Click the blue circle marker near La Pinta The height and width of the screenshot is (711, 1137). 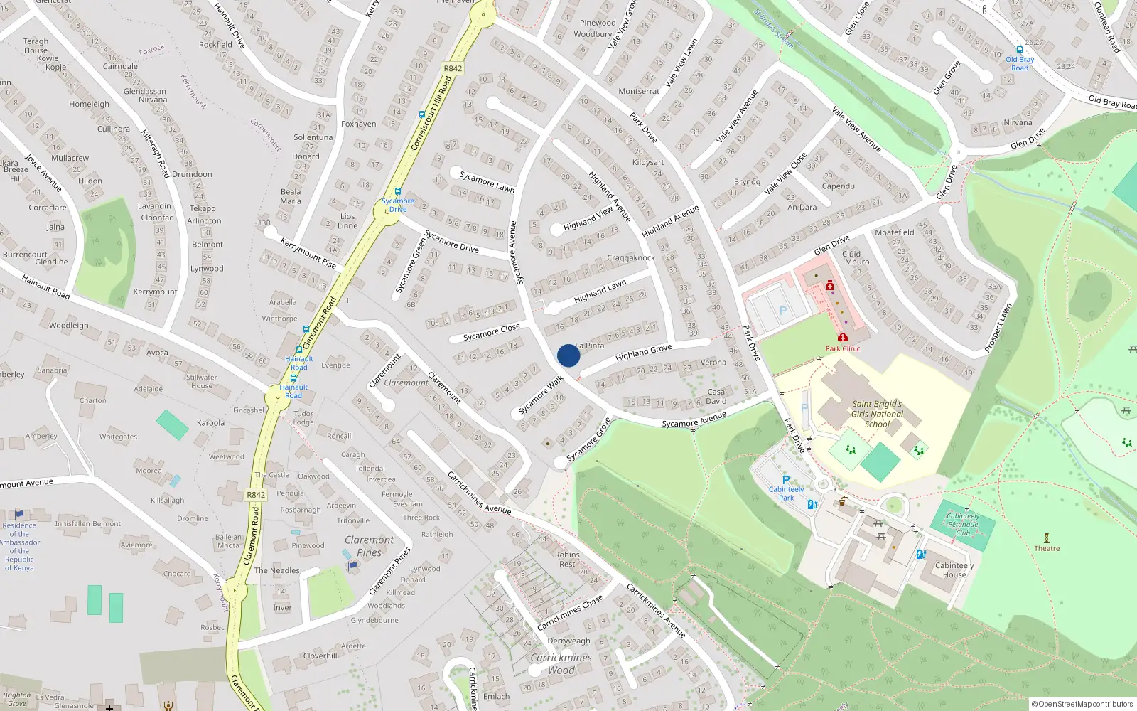pos(568,355)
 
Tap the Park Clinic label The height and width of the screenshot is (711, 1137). pos(843,348)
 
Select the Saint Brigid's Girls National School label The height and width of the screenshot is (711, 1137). pos(877,414)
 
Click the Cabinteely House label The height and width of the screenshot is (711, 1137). pos(954,570)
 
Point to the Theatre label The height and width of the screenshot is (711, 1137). pos(1047,548)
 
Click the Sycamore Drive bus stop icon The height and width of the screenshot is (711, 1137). pos(397,191)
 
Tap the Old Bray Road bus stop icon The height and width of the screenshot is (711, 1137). pos(1020,50)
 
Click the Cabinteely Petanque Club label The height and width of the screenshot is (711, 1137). pos(963,525)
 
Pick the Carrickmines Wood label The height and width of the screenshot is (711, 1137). pos(561,664)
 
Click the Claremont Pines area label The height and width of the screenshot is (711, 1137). pos(370,546)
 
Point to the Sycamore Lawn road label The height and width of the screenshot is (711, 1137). pos(487,181)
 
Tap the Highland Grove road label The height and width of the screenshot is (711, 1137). pos(643,352)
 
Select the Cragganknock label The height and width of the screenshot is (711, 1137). pos(631,258)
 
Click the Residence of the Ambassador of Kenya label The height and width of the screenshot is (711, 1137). pos(19,546)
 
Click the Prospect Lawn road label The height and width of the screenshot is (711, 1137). pos(998,328)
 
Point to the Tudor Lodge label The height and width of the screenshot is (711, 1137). pos(303,417)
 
